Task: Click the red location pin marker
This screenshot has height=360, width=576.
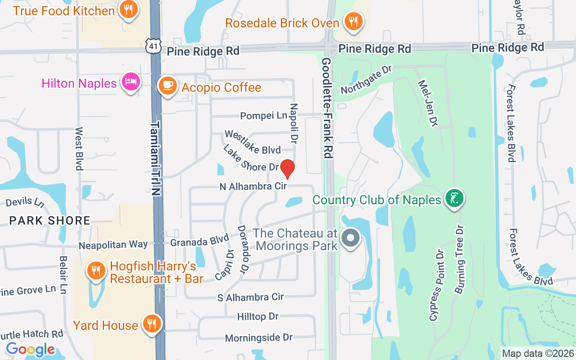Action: click(x=288, y=169)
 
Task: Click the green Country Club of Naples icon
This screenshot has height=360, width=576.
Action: click(x=454, y=198)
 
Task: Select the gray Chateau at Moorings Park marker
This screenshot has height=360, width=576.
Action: click(x=351, y=238)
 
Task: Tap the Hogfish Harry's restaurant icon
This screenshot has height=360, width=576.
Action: click(x=96, y=271)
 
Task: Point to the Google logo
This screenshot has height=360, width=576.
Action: click(x=30, y=349)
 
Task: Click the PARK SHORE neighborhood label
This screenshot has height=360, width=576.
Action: click(x=49, y=220)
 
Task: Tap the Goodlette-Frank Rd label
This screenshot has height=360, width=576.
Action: click(x=327, y=108)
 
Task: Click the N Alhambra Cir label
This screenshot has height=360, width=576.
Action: click(x=253, y=186)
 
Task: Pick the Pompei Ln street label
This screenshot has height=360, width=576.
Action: click(x=263, y=116)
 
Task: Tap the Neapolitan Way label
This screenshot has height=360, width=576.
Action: click(x=113, y=245)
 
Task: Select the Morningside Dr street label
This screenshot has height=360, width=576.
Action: click(x=259, y=337)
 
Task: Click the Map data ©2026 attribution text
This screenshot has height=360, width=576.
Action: click(x=538, y=354)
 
